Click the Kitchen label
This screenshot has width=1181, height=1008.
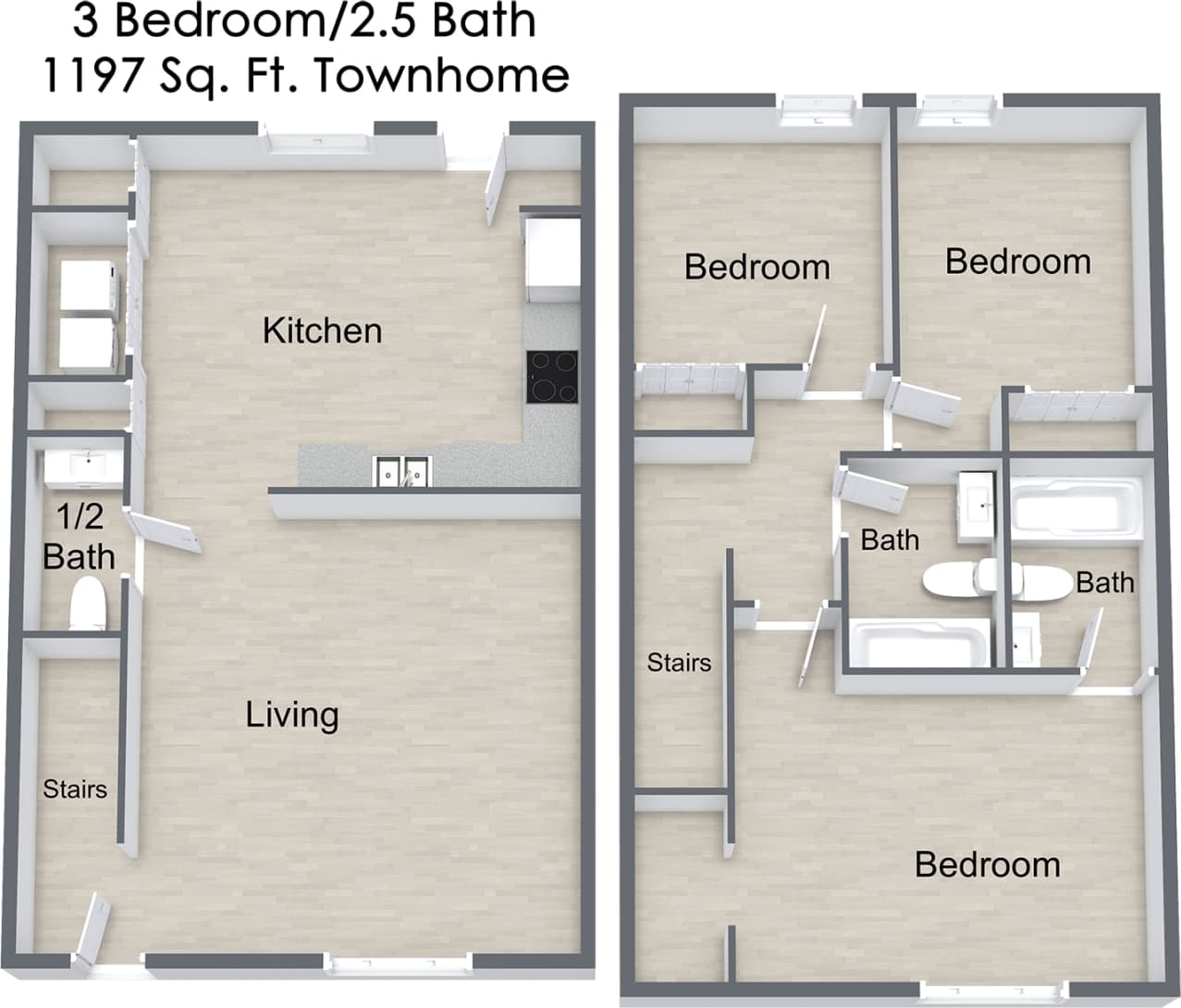click(x=322, y=330)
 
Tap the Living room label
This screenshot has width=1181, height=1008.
click(x=292, y=715)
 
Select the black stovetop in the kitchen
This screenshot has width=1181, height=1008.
click(x=552, y=377)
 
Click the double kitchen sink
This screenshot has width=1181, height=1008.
click(x=402, y=472)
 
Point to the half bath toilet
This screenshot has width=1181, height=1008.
click(x=89, y=604)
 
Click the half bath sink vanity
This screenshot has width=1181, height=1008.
click(x=83, y=467)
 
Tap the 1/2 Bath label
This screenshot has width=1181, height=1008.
click(x=80, y=536)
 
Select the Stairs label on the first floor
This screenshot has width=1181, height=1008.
click(x=75, y=790)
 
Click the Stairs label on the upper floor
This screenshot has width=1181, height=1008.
click(x=679, y=663)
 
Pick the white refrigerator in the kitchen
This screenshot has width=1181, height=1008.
click(x=552, y=259)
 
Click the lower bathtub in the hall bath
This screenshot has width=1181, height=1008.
click(x=917, y=644)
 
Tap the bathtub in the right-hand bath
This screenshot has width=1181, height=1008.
click(x=1074, y=505)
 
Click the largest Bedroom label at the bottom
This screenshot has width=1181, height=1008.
click(x=987, y=865)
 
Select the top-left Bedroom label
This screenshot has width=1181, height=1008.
click(x=757, y=267)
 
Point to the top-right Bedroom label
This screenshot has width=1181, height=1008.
click(x=1017, y=261)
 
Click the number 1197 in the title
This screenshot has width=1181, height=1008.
click(x=88, y=75)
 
